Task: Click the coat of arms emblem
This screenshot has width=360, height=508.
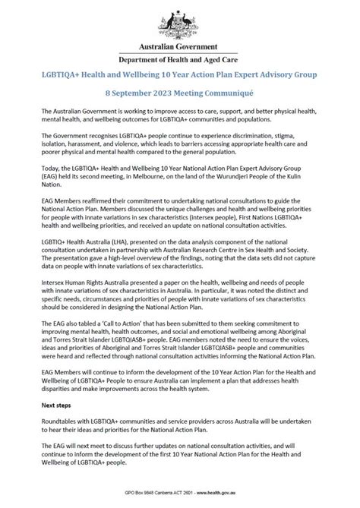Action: [179, 21]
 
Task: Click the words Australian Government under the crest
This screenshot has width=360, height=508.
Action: [179, 47]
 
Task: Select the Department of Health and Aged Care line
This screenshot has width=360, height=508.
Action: [179, 59]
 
